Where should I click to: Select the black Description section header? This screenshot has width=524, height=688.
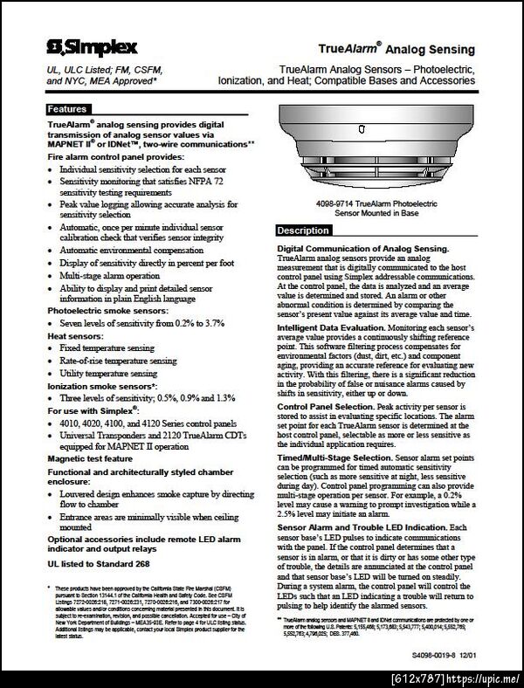(x=303, y=230)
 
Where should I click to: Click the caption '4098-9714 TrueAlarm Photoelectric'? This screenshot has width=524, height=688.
(x=376, y=203)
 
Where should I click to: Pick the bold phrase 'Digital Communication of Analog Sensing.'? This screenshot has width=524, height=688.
(x=362, y=249)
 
